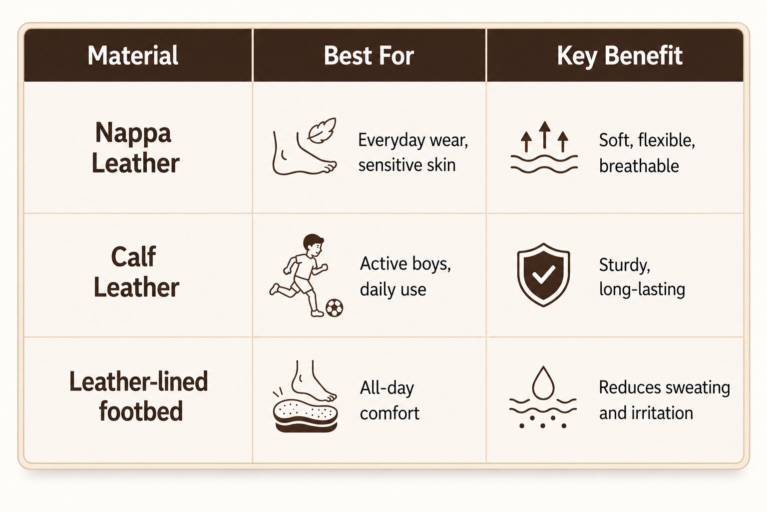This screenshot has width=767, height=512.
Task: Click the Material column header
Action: [133, 55]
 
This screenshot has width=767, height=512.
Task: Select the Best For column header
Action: [369, 55]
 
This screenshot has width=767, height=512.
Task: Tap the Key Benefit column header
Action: [619, 56]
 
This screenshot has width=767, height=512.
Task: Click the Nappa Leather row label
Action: [135, 147]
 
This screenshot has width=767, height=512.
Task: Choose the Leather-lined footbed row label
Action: [139, 395]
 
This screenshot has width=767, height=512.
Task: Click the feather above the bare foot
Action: [322, 130]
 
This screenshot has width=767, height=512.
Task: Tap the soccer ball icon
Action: [334, 308]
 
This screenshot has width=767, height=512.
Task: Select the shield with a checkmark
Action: [543, 274]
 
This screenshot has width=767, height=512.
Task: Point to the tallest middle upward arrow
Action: [544, 135]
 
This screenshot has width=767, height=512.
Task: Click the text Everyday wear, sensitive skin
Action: [413, 152]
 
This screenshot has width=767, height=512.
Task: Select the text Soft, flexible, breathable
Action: [647, 153]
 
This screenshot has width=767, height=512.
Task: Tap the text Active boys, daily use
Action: [405, 276]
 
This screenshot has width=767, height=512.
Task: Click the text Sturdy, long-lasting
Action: [642, 276]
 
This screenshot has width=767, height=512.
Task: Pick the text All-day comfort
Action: [389, 400]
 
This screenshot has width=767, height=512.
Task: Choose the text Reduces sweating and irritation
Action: [664, 400]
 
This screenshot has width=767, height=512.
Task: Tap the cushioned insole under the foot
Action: [306, 416]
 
